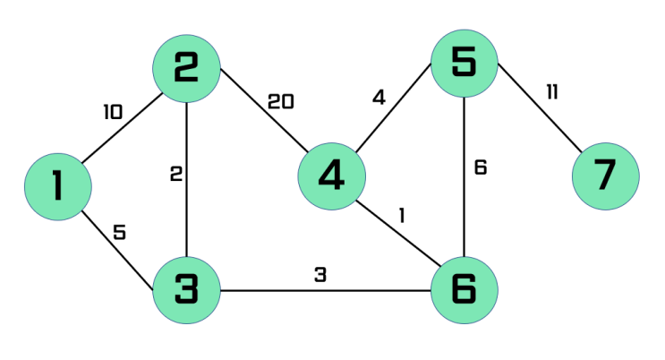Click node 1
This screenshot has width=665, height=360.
[x=58, y=187]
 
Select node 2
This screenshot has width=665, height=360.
[x=186, y=69]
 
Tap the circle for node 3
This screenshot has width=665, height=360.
[x=186, y=290]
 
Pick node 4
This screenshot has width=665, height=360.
[x=332, y=176]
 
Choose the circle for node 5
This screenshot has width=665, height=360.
[x=465, y=64]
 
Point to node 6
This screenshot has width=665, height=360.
[x=465, y=290]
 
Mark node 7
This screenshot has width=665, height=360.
[x=606, y=176]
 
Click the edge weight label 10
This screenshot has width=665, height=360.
[x=114, y=112]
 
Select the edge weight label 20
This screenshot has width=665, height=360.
[x=281, y=102]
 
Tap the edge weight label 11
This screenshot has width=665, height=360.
[x=552, y=91]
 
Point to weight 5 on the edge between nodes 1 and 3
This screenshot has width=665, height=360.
[x=120, y=232]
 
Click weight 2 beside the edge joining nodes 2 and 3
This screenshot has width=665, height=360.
[x=176, y=174]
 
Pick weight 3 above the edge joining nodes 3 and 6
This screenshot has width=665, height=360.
[x=320, y=275]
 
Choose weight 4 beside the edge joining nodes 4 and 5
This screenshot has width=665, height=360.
[x=379, y=98]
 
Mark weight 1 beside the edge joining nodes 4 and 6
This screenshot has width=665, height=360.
[x=402, y=215]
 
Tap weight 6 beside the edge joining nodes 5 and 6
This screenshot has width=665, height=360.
[x=481, y=167]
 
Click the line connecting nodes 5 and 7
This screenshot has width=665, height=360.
[x=540, y=107]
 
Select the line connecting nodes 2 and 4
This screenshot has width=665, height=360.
[x=264, y=110]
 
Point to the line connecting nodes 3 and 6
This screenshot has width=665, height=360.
[x=326, y=291]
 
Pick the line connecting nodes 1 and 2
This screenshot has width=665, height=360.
[x=122, y=128]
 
